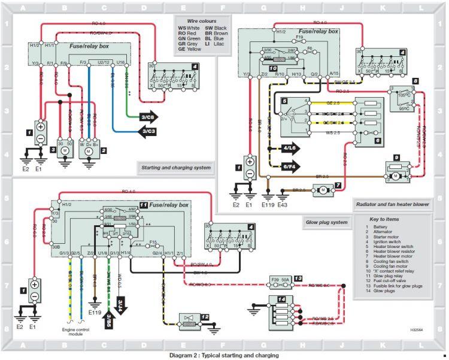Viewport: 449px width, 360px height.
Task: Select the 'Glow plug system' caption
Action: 326,222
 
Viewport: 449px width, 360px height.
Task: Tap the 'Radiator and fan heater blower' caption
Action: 392,204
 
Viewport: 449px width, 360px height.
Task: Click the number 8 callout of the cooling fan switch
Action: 414,80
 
